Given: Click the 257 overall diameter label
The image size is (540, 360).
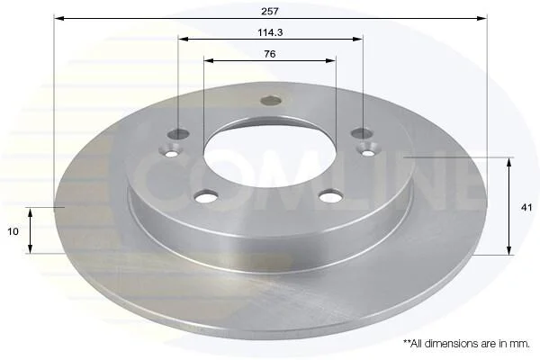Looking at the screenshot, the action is click(x=270, y=12).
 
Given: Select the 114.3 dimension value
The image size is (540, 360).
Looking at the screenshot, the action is click(x=270, y=32).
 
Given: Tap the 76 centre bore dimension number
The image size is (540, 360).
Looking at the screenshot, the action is click(x=270, y=54).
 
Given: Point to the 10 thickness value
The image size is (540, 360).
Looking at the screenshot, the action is click(x=13, y=231).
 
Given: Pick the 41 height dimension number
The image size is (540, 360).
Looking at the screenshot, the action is click(x=526, y=207).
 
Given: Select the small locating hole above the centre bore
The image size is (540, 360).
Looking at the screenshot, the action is click(x=271, y=101).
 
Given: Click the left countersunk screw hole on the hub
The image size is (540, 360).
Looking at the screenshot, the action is click(x=171, y=151).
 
